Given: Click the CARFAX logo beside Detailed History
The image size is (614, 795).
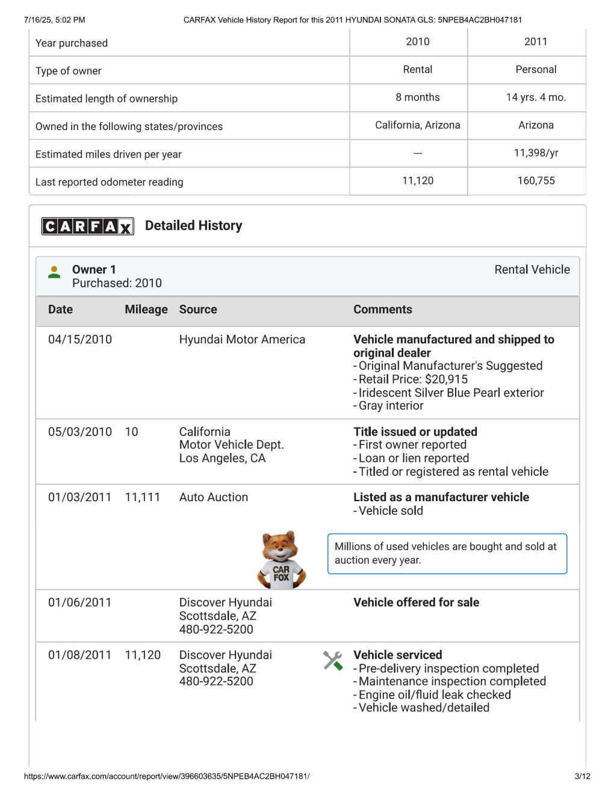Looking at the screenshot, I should (x=87, y=226).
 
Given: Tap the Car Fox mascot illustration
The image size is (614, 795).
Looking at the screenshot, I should (x=281, y=560).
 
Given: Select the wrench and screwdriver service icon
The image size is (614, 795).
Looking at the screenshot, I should (x=333, y=661).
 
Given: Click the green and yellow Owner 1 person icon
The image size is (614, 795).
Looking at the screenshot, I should (x=54, y=272).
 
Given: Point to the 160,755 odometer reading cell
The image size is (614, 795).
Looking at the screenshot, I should (x=536, y=181).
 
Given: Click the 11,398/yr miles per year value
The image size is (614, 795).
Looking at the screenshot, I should (x=536, y=153).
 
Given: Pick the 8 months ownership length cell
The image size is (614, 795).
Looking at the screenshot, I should (x=417, y=98).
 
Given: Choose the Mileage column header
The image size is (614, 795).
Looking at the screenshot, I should (x=146, y=310).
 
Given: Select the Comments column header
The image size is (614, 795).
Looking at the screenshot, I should (x=383, y=310).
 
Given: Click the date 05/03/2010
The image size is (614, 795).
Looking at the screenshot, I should (x=80, y=432).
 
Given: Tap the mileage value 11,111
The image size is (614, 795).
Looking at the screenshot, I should (x=143, y=497).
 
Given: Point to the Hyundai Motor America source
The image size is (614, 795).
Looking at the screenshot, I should (x=242, y=340).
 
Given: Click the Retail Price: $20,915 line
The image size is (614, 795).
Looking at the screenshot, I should (x=413, y=379).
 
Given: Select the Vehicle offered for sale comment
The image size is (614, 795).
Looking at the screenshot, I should (x=416, y=602).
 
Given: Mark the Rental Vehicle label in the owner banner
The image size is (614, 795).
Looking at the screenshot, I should (x=532, y=270).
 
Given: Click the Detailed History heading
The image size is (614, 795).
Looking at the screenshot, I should (x=193, y=226).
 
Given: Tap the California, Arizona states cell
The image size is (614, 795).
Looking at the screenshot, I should (x=417, y=125).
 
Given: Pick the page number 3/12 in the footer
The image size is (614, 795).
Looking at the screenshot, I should (x=582, y=776).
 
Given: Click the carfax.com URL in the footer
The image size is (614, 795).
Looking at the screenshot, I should (x=167, y=776).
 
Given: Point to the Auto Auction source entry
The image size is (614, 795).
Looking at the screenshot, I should (x=214, y=497).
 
